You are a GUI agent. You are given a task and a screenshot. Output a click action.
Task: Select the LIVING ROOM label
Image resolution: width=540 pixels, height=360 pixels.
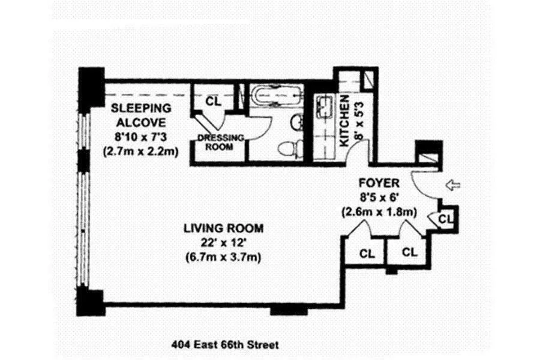[223, 228]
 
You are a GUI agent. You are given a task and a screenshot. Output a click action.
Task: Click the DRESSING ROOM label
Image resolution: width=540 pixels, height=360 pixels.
[220, 142]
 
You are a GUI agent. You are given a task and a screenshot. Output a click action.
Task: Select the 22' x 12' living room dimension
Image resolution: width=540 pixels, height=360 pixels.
[223, 243]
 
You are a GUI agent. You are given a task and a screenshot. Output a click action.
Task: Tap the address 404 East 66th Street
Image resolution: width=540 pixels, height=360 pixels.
[225, 346]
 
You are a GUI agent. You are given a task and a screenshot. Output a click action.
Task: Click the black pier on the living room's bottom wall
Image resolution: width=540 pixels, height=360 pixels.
[289, 310]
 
